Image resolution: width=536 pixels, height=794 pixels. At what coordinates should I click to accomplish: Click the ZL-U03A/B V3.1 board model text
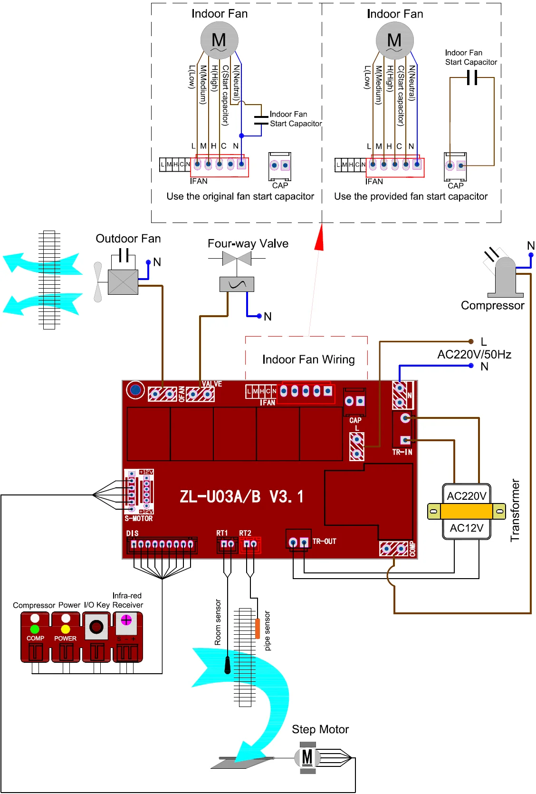[x=241, y=497]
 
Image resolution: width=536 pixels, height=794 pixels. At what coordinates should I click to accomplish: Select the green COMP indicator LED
[x=35, y=629]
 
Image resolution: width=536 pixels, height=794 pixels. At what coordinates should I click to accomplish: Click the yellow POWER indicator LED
[x=66, y=629]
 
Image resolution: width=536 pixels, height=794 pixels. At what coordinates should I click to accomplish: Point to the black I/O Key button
[x=96, y=627]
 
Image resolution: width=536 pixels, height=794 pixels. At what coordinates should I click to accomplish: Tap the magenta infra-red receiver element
[x=126, y=620]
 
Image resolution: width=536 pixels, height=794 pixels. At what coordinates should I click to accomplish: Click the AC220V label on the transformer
[x=467, y=496]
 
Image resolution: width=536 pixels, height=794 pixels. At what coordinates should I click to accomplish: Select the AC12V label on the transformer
[x=467, y=528]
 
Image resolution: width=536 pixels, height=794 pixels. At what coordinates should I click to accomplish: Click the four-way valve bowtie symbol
[x=237, y=259]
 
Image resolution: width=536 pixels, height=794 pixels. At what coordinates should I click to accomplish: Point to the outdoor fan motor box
[x=123, y=282]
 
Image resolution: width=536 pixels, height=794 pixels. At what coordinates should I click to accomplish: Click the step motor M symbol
[x=307, y=757]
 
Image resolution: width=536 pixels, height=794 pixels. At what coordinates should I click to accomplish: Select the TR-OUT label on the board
[x=324, y=542]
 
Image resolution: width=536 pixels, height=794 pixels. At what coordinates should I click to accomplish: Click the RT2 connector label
[x=245, y=533]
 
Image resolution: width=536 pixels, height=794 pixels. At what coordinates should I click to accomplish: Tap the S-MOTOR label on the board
[x=139, y=519]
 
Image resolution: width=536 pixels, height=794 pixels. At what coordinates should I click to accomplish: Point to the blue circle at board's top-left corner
[x=135, y=390]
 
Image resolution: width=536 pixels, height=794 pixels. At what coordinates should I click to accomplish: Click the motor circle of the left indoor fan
[x=219, y=40]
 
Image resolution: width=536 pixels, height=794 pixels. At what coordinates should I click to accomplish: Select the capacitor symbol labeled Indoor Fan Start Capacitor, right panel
[x=472, y=77]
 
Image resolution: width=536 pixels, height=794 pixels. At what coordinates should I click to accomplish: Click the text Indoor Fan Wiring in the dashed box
[x=308, y=359]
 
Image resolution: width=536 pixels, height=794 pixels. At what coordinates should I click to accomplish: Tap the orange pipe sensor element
[x=258, y=628]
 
